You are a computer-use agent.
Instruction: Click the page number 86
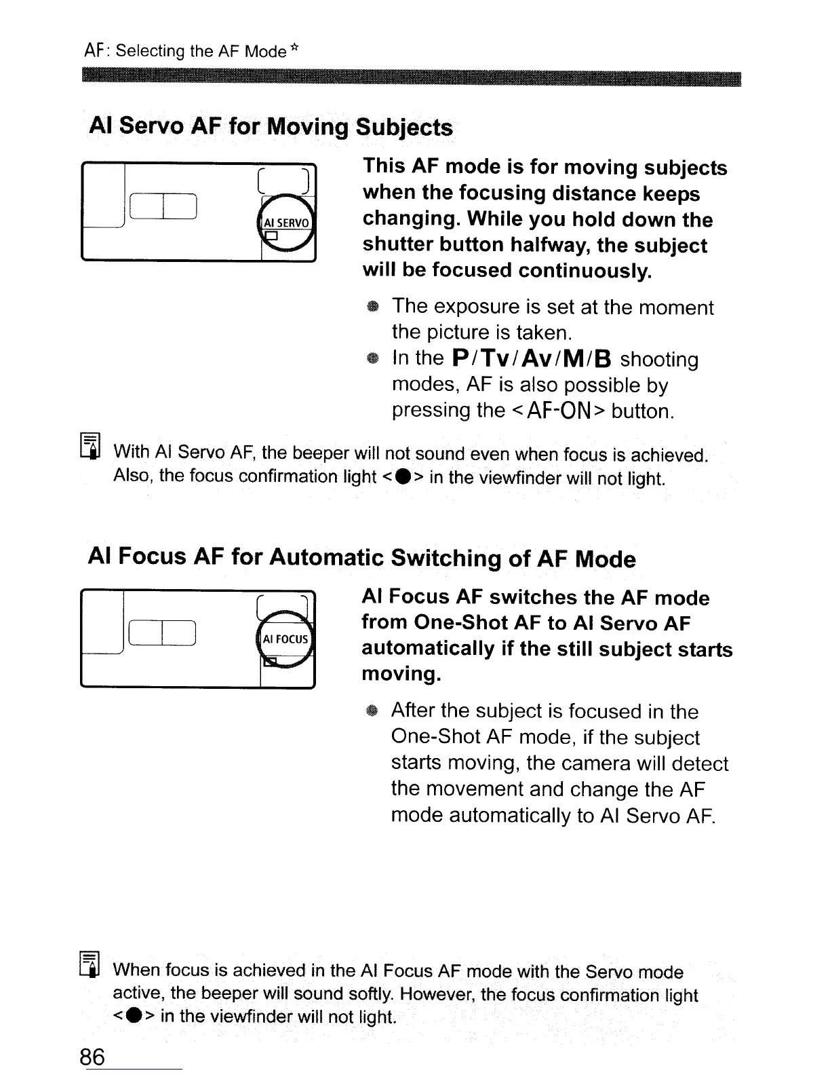(x=93, y=1056)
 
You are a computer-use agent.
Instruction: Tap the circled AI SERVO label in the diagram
(x=285, y=223)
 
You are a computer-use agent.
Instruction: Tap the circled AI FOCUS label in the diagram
(x=285, y=639)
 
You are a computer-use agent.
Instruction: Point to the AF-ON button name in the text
(x=557, y=411)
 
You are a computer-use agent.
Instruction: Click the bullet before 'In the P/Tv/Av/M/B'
(x=371, y=359)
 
